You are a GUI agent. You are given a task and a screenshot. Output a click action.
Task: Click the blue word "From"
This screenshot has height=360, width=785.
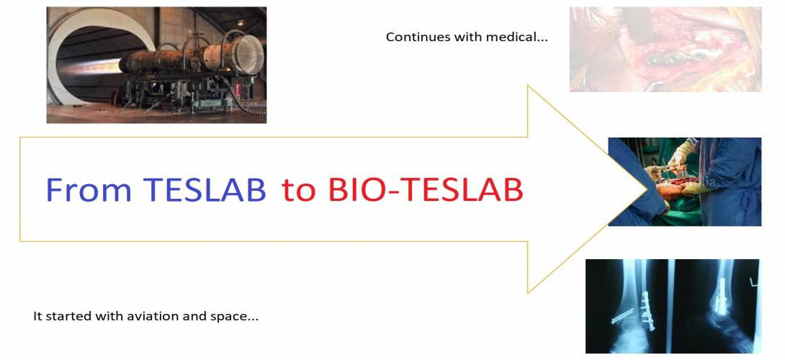(89, 190)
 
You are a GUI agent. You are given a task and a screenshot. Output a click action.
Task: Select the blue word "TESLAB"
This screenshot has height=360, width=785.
(205, 190)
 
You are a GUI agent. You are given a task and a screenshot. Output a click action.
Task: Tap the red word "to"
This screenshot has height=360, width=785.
(300, 191)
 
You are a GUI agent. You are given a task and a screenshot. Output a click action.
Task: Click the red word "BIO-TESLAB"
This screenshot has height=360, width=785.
(426, 190)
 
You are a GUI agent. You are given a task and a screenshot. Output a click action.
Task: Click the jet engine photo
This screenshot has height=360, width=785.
(156, 65)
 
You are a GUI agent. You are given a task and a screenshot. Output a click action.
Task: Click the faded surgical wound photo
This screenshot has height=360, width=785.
(665, 49)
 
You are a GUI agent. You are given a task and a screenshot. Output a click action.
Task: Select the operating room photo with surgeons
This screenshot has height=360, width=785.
(684, 181)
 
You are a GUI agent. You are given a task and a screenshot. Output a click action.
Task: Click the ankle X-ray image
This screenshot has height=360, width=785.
(673, 306)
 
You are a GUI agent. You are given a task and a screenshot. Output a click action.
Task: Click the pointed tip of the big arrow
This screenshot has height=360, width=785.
(646, 189)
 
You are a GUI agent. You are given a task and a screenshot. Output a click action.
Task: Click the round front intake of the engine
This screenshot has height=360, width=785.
(247, 53)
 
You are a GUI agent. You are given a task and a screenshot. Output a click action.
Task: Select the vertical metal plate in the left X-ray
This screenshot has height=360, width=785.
(648, 310)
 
